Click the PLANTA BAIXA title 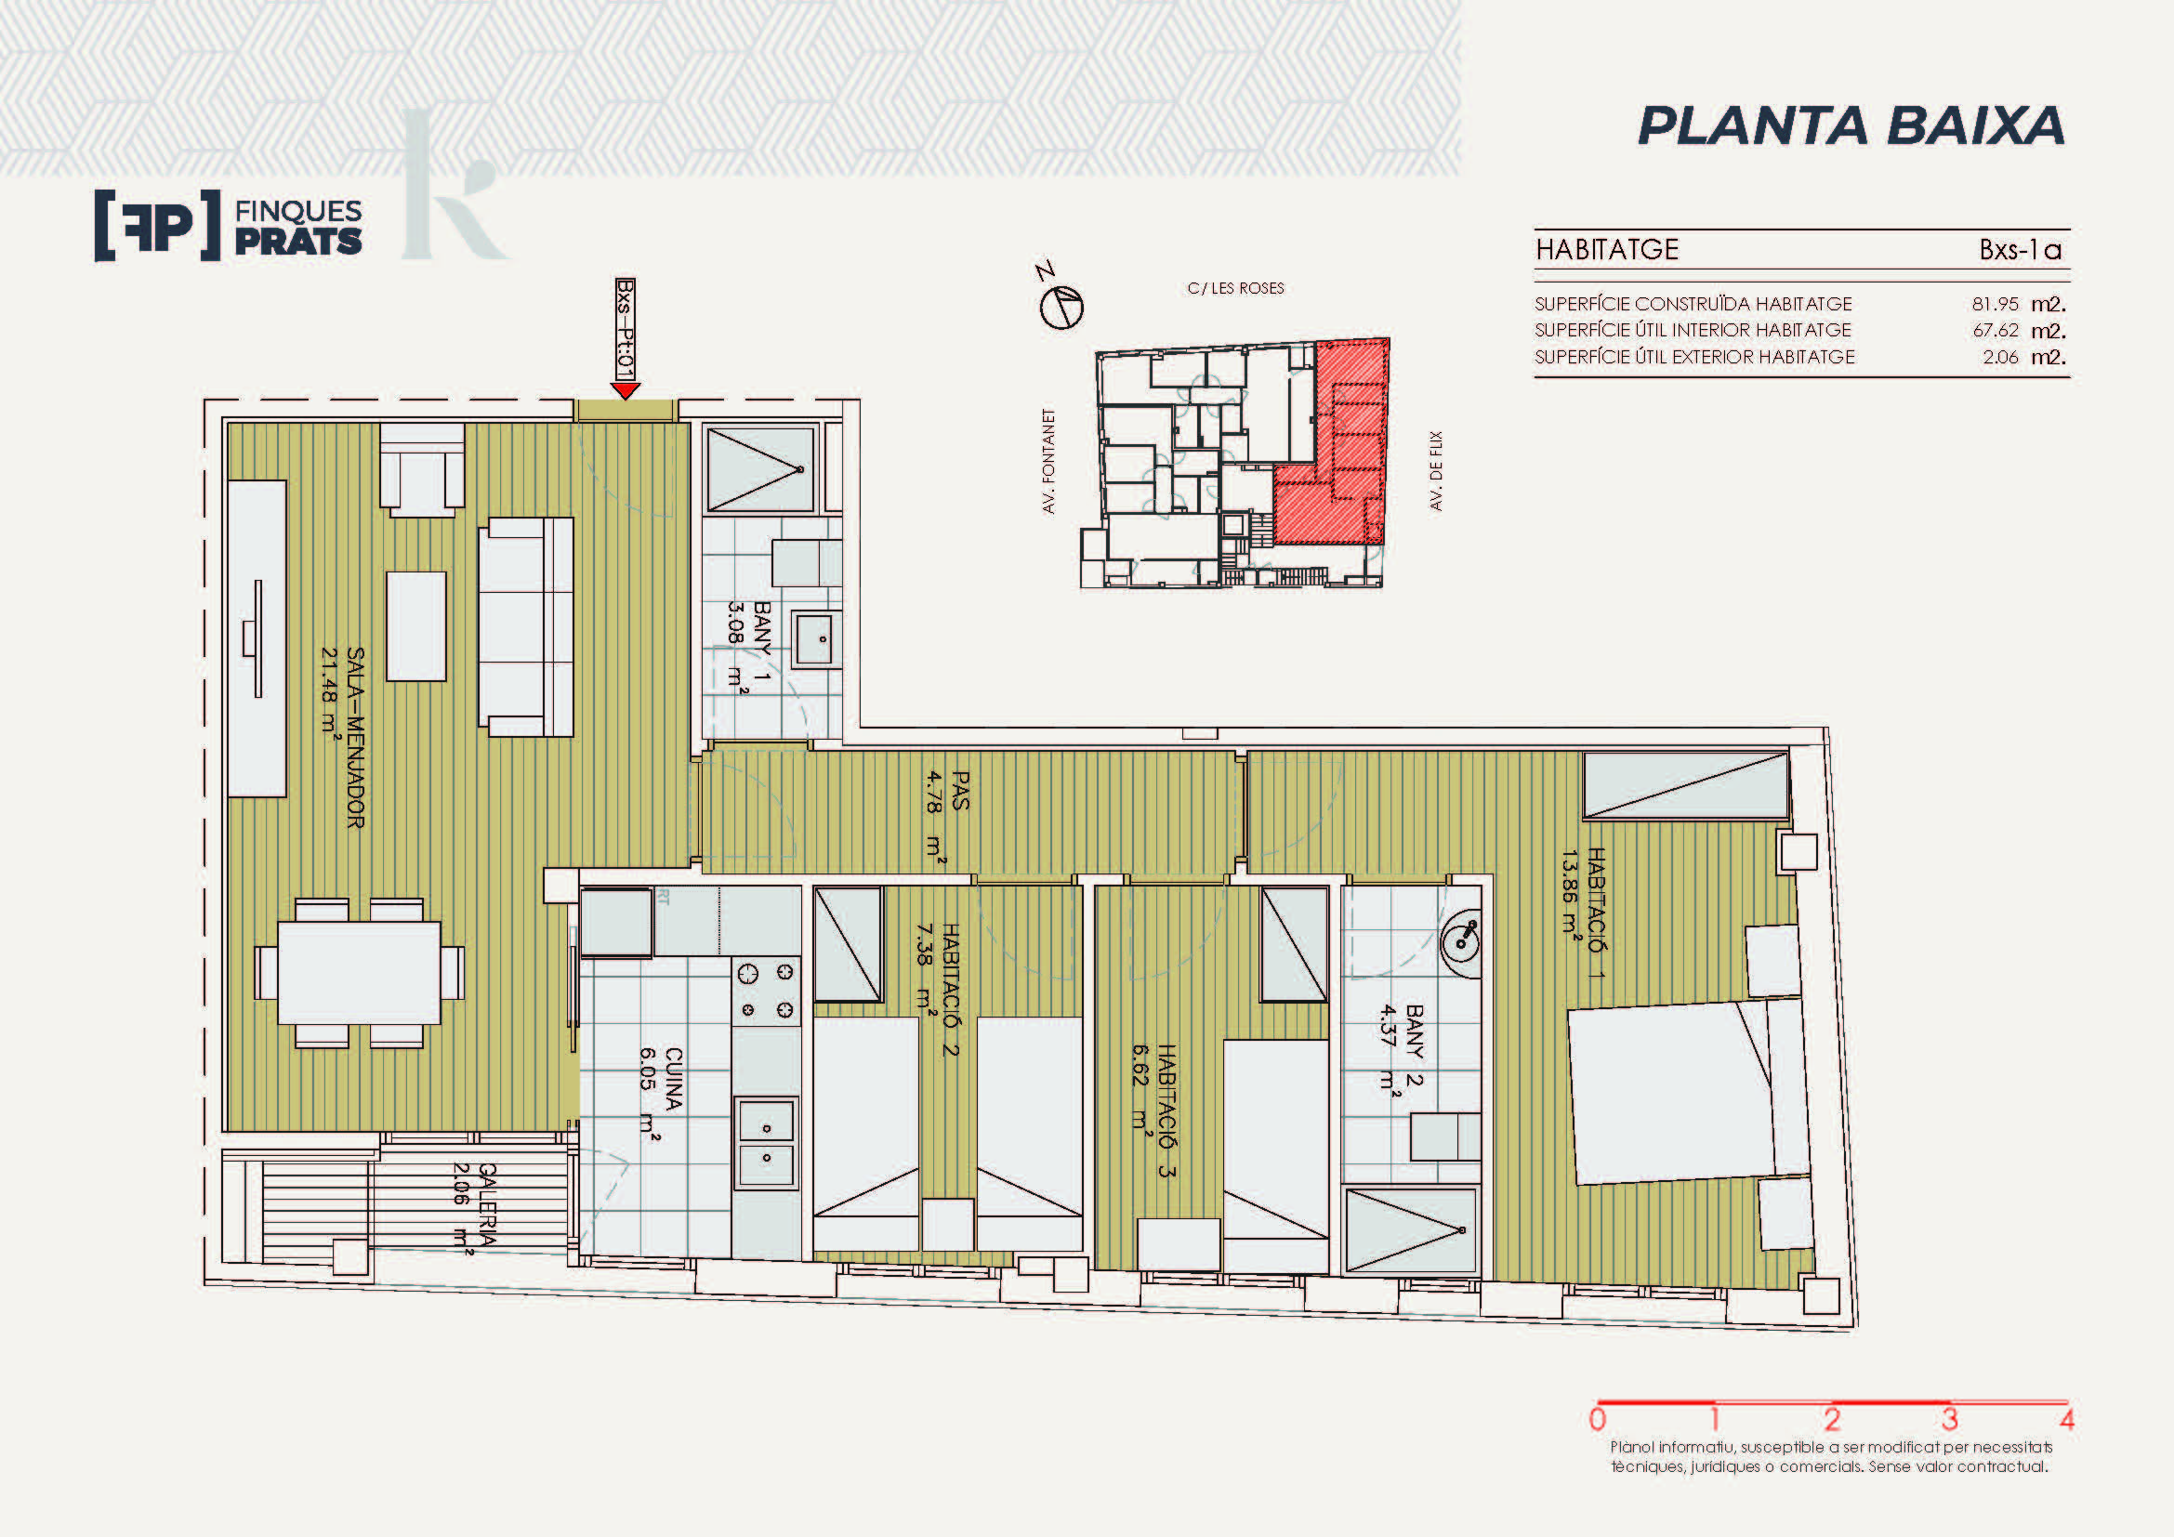(x=1851, y=125)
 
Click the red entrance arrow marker (x=625, y=391)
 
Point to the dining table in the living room (x=359, y=973)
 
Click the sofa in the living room (x=526, y=626)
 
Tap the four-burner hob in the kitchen (x=766, y=991)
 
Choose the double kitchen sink (x=766, y=1142)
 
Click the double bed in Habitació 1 (x=1687, y=1092)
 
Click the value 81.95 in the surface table (x=1995, y=304)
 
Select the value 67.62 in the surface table (x=1995, y=330)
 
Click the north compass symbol (x=1061, y=307)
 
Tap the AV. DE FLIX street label (x=1436, y=471)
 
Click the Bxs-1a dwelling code (x=2020, y=250)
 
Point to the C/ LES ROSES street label (x=1235, y=288)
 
